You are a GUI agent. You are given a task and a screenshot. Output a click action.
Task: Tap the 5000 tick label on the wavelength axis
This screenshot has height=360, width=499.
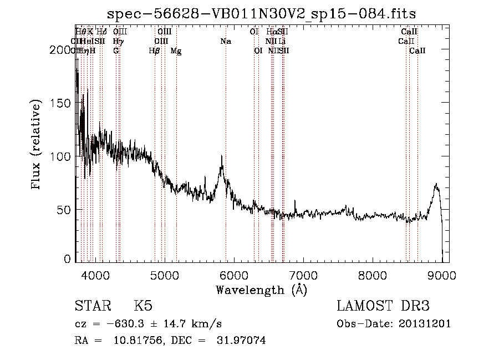point(165,275)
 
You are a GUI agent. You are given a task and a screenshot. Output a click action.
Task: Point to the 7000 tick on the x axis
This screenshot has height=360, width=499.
point(303,275)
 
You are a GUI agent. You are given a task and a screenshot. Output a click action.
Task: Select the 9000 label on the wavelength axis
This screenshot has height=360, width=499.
point(442,275)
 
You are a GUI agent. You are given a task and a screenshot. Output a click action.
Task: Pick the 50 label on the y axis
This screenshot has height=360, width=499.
point(66,210)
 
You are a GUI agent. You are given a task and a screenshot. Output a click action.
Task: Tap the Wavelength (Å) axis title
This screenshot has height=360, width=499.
point(261,290)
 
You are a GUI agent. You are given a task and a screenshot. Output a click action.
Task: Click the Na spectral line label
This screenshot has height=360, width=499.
point(226,42)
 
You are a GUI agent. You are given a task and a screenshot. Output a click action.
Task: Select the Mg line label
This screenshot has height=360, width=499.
point(176,51)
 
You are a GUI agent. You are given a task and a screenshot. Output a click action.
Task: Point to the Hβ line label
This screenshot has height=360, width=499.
point(155,51)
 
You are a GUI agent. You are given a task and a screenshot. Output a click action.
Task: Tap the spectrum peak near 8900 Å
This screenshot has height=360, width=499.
point(436,184)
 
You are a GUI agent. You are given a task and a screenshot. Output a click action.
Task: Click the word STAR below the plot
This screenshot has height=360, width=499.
point(92,306)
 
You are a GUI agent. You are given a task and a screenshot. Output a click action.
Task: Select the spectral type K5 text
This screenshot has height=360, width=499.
point(144,306)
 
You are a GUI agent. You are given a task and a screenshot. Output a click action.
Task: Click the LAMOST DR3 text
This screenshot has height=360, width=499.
point(383,306)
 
